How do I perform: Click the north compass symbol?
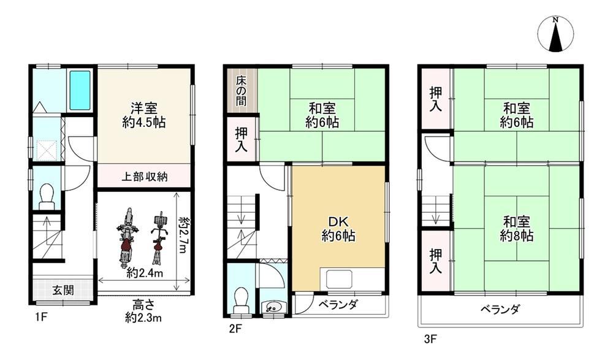555,34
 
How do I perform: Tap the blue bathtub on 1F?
80,90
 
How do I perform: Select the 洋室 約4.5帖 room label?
144,115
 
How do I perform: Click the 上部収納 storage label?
144,177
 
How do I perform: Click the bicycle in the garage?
159,237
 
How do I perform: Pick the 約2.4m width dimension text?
144,273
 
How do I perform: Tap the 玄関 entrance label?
63,290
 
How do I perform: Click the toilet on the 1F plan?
47,197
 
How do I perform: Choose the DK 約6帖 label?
338,229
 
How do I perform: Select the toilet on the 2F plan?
240,300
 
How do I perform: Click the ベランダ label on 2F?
338,304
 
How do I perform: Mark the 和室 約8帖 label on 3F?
516,229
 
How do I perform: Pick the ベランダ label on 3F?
500,309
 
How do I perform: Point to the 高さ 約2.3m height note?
143,311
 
